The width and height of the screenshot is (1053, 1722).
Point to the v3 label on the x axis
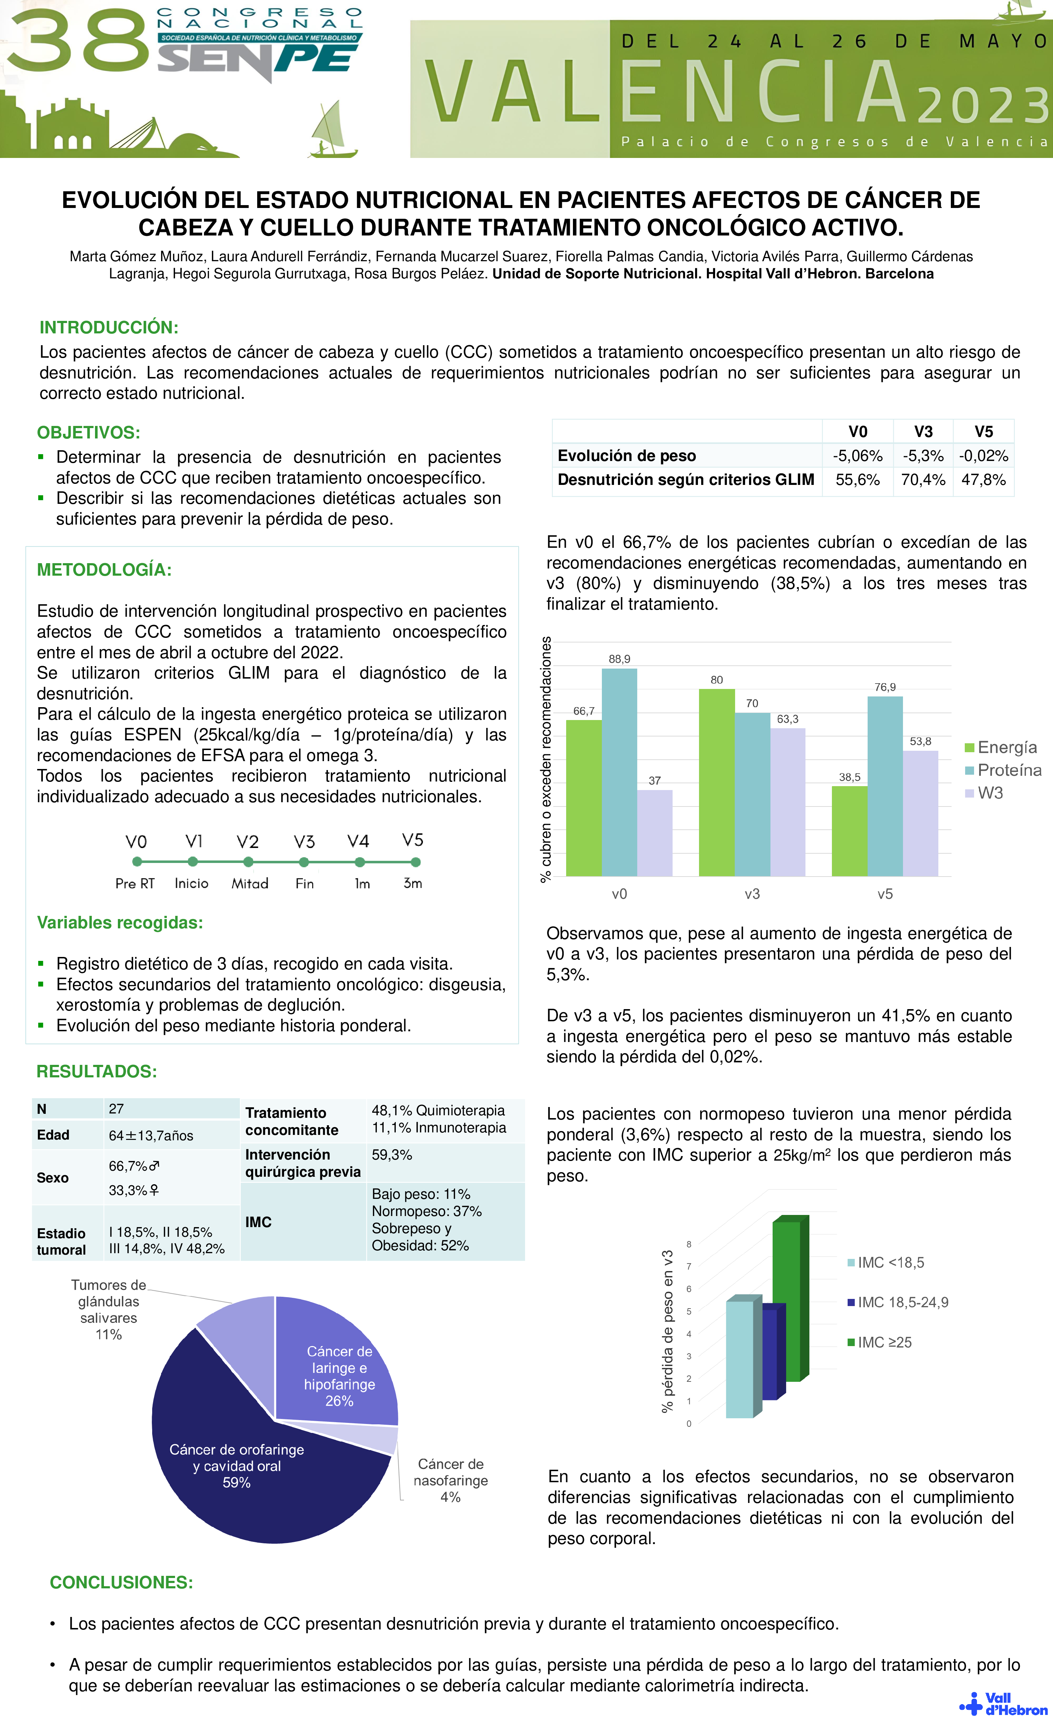[x=752, y=894]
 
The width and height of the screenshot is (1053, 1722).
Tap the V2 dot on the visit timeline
[x=248, y=862]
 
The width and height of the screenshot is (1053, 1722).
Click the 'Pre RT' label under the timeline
[x=135, y=883]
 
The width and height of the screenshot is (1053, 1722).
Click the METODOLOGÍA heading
[x=104, y=570]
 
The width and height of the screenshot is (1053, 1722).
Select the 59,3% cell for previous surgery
[x=392, y=1155]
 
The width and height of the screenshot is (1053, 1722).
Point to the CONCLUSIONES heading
[x=121, y=1582]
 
